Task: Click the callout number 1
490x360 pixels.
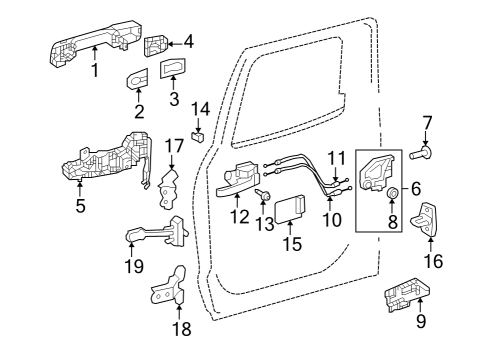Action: (95, 71)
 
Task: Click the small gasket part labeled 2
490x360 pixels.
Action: (138, 79)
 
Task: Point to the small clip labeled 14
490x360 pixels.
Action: (199, 135)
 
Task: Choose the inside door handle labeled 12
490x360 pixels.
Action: (240, 180)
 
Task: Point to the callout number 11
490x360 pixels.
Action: (336, 156)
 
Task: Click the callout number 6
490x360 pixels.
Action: (416, 187)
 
